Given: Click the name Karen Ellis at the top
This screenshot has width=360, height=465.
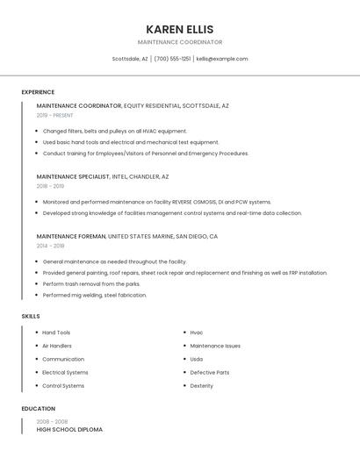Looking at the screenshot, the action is coord(179,29).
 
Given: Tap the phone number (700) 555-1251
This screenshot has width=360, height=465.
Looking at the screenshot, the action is coord(172,59).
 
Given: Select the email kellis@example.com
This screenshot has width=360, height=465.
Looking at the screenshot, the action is coord(222,59).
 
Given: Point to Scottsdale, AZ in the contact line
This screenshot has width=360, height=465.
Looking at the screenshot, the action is coord(130,59).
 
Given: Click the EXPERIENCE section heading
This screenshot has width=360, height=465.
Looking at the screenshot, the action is coord(38,92).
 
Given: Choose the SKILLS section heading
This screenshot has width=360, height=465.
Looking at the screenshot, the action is coord(31,316).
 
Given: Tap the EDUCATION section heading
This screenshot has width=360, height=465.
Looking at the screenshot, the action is coord(39,409).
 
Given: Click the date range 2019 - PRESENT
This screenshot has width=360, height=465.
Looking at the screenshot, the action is coord(55,115).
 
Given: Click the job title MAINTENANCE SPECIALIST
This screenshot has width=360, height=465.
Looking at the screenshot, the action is coord(73,176).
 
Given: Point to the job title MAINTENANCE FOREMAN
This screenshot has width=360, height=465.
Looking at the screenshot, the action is coord(71,237).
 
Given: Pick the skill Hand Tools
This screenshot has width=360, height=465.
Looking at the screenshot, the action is coord(56,333).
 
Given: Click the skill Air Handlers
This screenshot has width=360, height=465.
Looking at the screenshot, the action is coord(57,346).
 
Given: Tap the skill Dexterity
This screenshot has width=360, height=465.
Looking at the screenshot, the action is coord(201,385).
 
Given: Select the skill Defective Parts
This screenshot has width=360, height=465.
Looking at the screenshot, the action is coord(210,372).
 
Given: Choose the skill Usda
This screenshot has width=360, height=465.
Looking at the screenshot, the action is coord(197,359).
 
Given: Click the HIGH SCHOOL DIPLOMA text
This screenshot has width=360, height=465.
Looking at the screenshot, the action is coord(69,430).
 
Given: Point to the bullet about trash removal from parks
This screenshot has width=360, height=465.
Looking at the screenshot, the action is coord(91,284).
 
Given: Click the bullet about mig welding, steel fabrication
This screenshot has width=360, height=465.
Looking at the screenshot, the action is coord(95,295).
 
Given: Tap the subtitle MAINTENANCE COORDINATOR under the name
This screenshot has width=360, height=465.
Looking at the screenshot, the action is coord(179,42).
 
